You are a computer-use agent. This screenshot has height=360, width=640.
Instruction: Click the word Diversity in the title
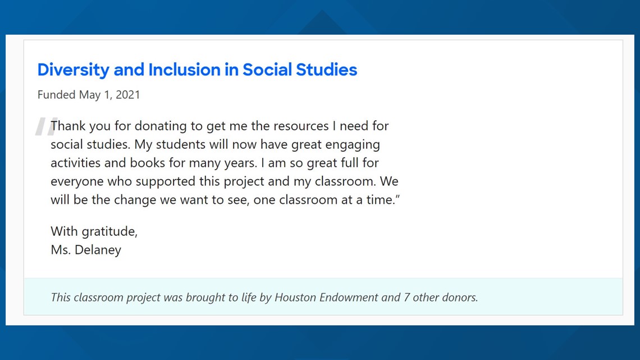[x=74, y=70]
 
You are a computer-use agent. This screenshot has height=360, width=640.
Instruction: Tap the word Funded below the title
[x=56, y=95]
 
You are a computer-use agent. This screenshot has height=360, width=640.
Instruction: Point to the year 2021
[x=128, y=95]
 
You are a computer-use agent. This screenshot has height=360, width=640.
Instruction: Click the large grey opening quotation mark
[x=45, y=126]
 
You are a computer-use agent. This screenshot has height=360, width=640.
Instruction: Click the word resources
[x=301, y=126]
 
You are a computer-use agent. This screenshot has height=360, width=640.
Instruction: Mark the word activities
[x=76, y=163]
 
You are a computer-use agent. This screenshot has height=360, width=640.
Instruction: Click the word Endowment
[x=349, y=297]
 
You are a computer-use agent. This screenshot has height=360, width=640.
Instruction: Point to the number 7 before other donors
[x=406, y=297]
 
